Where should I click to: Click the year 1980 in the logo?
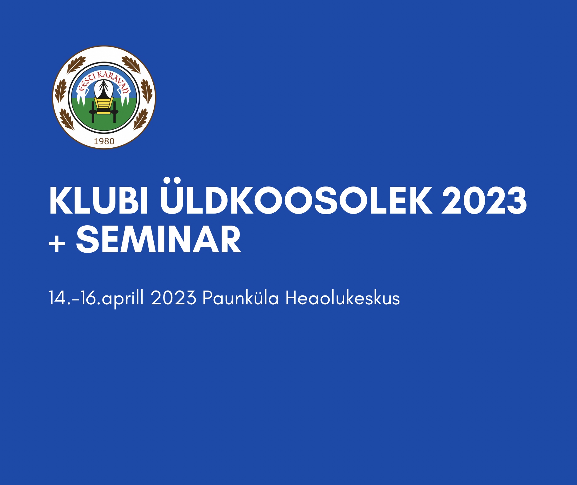point(104,141)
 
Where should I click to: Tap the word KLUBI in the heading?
point(98,201)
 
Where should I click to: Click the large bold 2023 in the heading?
point(484,201)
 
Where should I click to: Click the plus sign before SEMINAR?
point(57,244)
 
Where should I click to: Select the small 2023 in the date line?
point(173,298)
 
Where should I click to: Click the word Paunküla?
point(240,298)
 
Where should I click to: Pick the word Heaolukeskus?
point(342,298)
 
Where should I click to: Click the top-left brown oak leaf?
point(76,65)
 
